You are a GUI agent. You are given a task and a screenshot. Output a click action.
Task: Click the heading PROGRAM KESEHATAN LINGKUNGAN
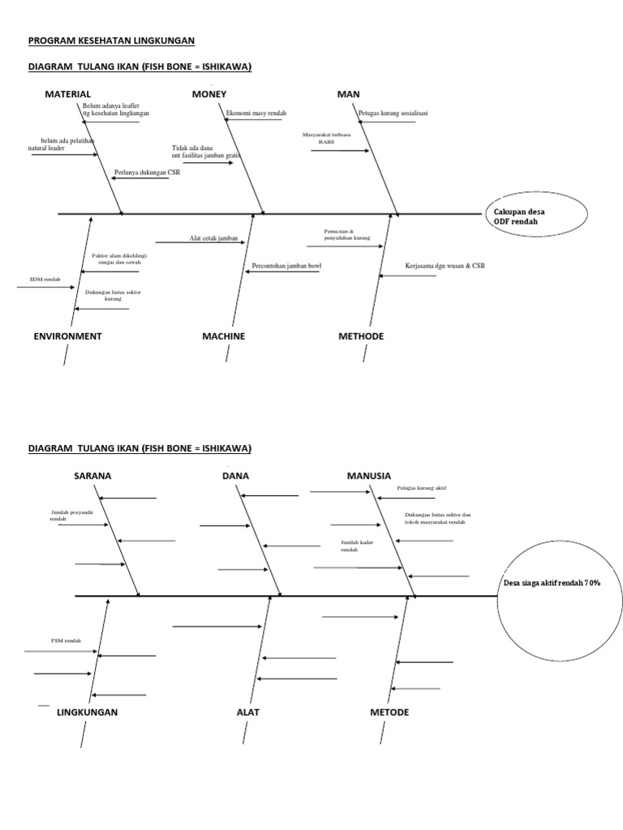point(111,41)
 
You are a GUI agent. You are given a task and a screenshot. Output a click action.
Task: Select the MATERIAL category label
point(68,95)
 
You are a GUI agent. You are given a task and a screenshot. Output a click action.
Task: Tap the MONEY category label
point(209,95)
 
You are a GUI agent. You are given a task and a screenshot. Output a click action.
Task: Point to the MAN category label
point(348,95)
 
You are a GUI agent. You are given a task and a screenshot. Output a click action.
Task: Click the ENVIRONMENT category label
point(67,336)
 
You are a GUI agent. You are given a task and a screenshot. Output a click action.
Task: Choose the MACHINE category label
point(223,336)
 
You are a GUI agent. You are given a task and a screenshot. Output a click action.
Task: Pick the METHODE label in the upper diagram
point(360,336)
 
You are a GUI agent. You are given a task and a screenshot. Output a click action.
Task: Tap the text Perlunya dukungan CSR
point(147,172)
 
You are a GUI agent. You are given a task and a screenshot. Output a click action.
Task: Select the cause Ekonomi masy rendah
point(256,113)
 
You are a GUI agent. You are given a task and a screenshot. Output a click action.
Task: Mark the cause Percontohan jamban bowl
point(286,265)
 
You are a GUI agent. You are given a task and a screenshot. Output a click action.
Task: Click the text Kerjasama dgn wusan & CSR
point(445,265)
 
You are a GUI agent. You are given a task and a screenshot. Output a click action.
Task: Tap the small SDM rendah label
point(45,280)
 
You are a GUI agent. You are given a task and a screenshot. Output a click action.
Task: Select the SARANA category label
point(92,476)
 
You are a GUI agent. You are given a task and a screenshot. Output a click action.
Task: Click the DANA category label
point(235,476)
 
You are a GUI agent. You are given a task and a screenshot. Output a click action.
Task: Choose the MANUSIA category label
point(369,476)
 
